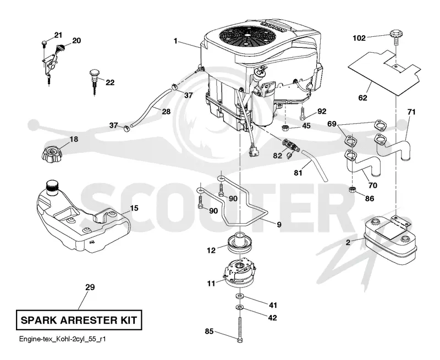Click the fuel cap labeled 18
click(52, 155)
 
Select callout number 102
click(359, 38)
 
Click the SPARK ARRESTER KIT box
click(79, 320)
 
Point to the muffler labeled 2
click(391, 241)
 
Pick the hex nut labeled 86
click(353, 190)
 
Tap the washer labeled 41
click(239, 296)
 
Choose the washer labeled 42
click(239, 308)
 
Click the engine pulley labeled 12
click(239, 243)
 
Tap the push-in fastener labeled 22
click(94, 82)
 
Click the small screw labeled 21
click(45, 43)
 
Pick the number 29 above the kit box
click(90, 287)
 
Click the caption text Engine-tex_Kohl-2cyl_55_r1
click(62, 339)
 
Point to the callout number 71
click(411, 112)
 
